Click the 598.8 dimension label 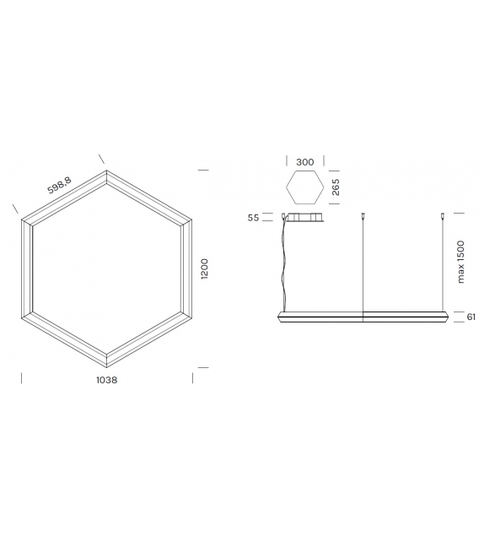58,185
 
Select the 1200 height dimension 205,270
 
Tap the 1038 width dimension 106,380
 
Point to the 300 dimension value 304,161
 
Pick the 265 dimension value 335,187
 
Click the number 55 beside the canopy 254,218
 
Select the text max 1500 460,263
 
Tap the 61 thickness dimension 471,317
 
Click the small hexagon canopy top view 304,187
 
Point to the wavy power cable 284,262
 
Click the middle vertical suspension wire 363,266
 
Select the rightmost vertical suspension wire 444,266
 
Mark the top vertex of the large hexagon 107,172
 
